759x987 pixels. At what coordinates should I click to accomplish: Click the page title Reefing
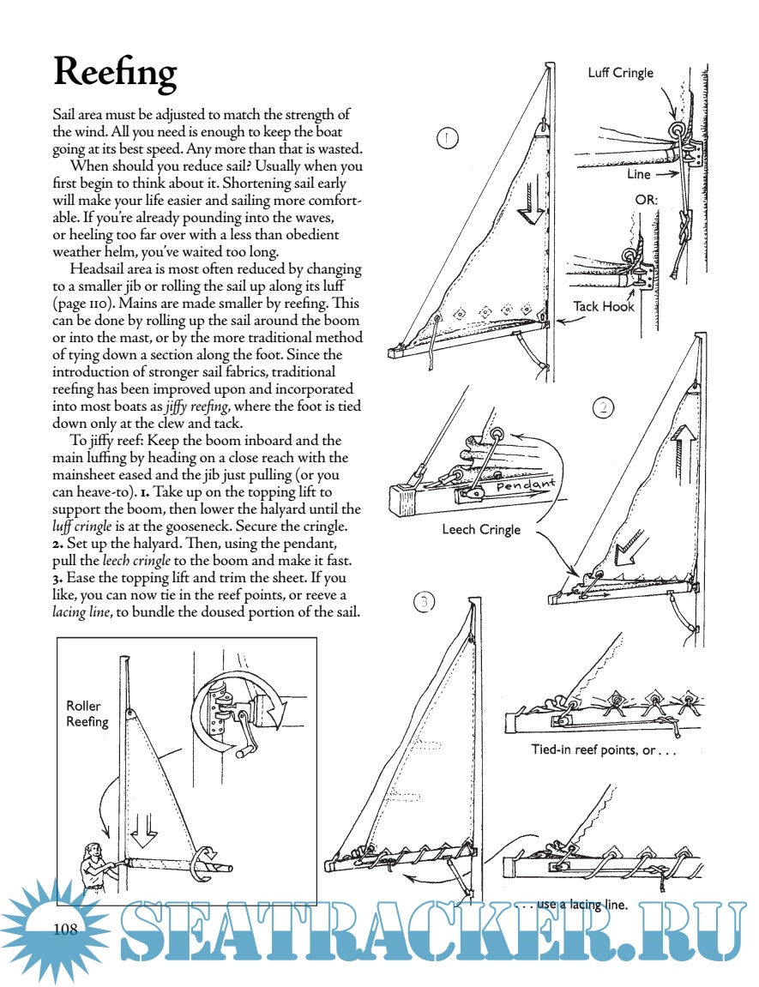pyautogui.click(x=115, y=72)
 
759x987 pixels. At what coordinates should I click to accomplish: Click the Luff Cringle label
pyautogui.click(x=620, y=73)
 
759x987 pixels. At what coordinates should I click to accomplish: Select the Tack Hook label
pyautogui.click(x=604, y=306)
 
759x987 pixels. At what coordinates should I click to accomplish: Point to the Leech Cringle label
pyautogui.click(x=481, y=529)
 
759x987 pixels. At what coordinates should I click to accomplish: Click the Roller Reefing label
pyautogui.click(x=87, y=713)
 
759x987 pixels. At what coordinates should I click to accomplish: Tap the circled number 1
pyautogui.click(x=448, y=138)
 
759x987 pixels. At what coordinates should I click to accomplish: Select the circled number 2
pyautogui.click(x=604, y=407)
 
